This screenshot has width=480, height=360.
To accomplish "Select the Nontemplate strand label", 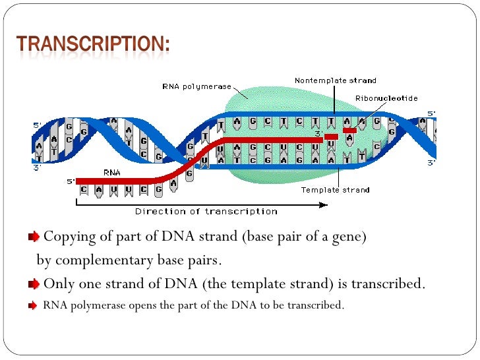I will tap(335, 80).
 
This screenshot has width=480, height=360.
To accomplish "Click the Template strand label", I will tap(335, 190).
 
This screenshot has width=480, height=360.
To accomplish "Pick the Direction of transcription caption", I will tap(206, 211).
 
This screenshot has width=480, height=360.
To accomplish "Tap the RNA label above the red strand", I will tap(111, 172).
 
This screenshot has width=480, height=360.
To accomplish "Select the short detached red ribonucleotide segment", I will tap(349, 131).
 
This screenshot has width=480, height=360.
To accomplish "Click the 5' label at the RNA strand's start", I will tap(70, 180).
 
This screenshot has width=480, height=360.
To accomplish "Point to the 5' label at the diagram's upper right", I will tap(431, 113).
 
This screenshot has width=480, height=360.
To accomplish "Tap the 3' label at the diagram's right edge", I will tap(431, 163).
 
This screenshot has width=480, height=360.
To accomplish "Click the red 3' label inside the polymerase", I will tap(317, 135).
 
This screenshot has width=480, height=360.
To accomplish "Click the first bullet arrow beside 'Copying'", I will tap(34, 237).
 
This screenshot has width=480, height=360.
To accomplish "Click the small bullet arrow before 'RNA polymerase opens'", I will tap(33, 307).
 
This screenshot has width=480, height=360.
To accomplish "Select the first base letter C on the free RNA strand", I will tap(83, 191).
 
